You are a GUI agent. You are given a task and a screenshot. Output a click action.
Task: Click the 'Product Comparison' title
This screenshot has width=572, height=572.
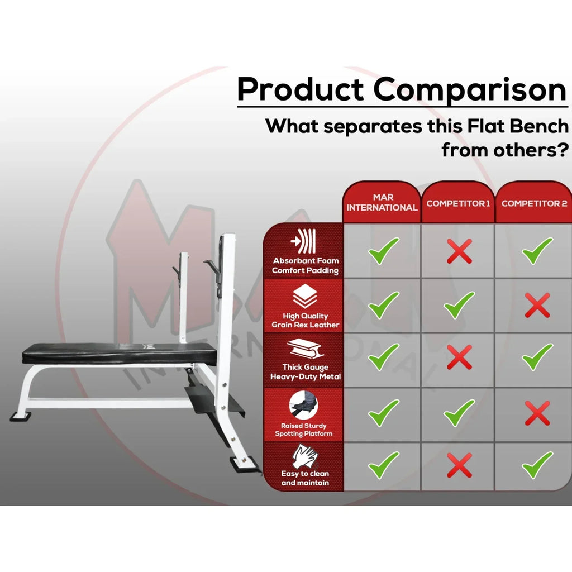[x=402, y=90]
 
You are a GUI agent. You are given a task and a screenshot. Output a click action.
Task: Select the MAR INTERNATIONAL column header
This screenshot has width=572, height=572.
[x=382, y=202]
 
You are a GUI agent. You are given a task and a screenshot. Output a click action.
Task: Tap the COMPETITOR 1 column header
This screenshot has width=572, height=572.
[x=458, y=203]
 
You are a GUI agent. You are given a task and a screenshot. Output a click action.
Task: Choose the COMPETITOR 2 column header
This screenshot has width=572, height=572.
[x=534, y=203]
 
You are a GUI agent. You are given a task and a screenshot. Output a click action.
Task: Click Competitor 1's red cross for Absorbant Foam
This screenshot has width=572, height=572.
[x=459, y=251]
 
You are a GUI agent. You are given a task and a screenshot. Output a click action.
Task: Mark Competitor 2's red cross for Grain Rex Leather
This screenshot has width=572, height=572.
[x=537, y=305]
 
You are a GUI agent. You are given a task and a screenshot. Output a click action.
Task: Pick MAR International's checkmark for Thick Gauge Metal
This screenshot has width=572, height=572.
[x=384, y=357]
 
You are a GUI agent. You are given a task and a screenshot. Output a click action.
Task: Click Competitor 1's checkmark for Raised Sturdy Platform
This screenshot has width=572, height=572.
[x=459, y=413]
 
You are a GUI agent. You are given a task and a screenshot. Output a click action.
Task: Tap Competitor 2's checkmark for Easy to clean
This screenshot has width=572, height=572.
[x=537, y=465]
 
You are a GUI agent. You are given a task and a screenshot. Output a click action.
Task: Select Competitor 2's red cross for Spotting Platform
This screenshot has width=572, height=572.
[x=537, y=413]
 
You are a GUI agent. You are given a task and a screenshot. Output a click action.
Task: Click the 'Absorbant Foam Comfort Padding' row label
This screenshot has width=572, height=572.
[x=306, y=265]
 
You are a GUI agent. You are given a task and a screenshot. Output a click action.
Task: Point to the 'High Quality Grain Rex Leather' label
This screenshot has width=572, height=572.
[x=306, y=320]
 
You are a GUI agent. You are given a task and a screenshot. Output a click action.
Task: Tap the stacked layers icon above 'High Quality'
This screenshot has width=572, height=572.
[x=305, y=296]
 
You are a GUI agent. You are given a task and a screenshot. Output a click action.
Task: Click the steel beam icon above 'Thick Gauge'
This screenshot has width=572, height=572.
[x=306, y=349]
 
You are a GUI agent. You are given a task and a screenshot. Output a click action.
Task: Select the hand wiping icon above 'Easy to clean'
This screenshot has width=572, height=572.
[x=305, y=456]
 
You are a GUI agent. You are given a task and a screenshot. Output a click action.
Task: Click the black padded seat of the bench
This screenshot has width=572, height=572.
[x=121, y=353]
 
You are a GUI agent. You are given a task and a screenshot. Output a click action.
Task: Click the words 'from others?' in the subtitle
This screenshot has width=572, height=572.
[x=505, y=150]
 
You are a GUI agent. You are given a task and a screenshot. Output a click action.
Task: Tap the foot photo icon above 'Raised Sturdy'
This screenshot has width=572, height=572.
[x=303, y=404]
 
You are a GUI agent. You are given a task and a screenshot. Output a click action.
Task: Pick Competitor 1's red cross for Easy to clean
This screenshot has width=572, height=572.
[x=459, y=465]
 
